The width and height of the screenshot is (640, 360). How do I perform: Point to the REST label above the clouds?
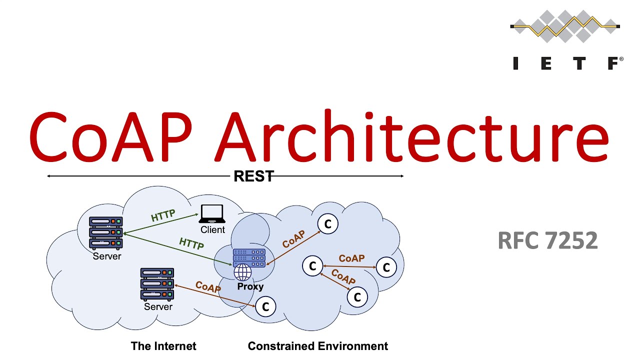point(253,176)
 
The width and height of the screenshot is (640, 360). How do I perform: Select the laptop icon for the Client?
point(212,214)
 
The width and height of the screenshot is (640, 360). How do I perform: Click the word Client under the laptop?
point(213,230)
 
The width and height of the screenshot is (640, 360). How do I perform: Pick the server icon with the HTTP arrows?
point(105,232)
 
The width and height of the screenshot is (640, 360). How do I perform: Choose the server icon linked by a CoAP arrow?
point(157,283)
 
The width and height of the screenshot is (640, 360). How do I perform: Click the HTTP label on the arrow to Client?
point(163,215)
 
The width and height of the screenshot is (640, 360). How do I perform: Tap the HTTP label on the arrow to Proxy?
point(191,243)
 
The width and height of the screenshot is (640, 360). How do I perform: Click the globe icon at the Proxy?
point(243,272)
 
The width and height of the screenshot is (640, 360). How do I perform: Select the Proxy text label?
point(250,287)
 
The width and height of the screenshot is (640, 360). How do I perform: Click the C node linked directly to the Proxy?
point(328,224)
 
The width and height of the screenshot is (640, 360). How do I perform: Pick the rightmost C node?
point(386,267)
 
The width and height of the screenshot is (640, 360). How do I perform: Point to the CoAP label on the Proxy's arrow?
point(293,239)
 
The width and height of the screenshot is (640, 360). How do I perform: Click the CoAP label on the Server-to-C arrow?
point(208,287)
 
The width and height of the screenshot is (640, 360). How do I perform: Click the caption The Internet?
point(163,346)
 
